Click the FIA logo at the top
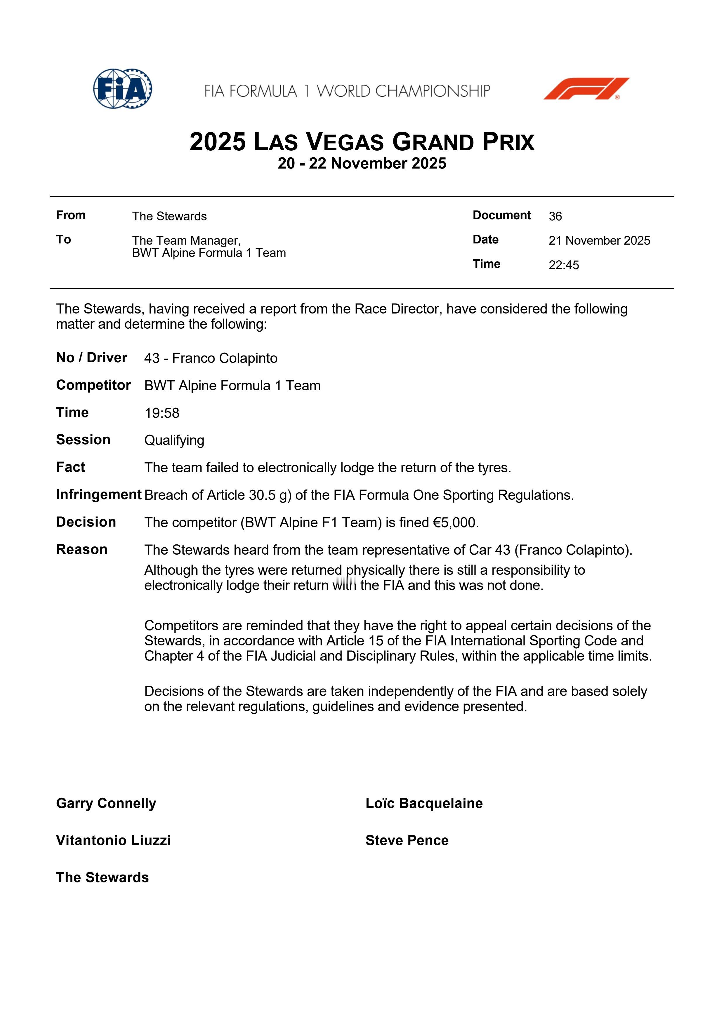[x=122, y=89]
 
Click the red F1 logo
[x=586, y=88]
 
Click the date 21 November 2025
[x=599, y=241]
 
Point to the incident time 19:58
[x=162, y=413]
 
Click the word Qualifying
[x=174, y=440]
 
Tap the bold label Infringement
[x=99, y=494]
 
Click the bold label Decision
[x=86, y=522]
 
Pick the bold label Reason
[x=82, y=549]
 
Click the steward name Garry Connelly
[x=106, y=803]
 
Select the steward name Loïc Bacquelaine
[x=424, y=803]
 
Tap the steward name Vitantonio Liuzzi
[x=113, y=840]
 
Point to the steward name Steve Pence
[x=407, y=840]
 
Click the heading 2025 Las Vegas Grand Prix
[x=362, y=142]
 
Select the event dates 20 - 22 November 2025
[x=362, y=163]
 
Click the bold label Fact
[x=70, y=467]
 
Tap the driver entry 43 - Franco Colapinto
[x=211, y=358]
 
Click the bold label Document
[x=501, y=215]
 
